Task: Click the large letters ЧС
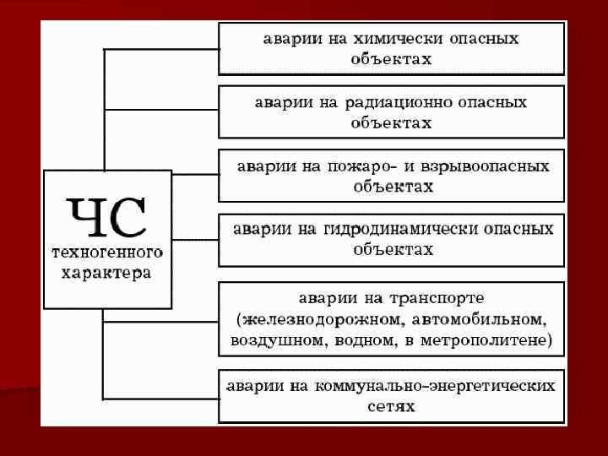coord(107,218)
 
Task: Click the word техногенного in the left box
coord(107,252)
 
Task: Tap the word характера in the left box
coord(107,273)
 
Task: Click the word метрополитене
coord(494,341)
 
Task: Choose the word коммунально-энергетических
coord(436,385)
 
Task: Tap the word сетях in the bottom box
coord(391,406)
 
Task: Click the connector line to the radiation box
coord(160,110)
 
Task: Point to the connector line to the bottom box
coord(160,397)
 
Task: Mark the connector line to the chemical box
coord(160,49)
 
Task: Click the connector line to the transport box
coord(160,321)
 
